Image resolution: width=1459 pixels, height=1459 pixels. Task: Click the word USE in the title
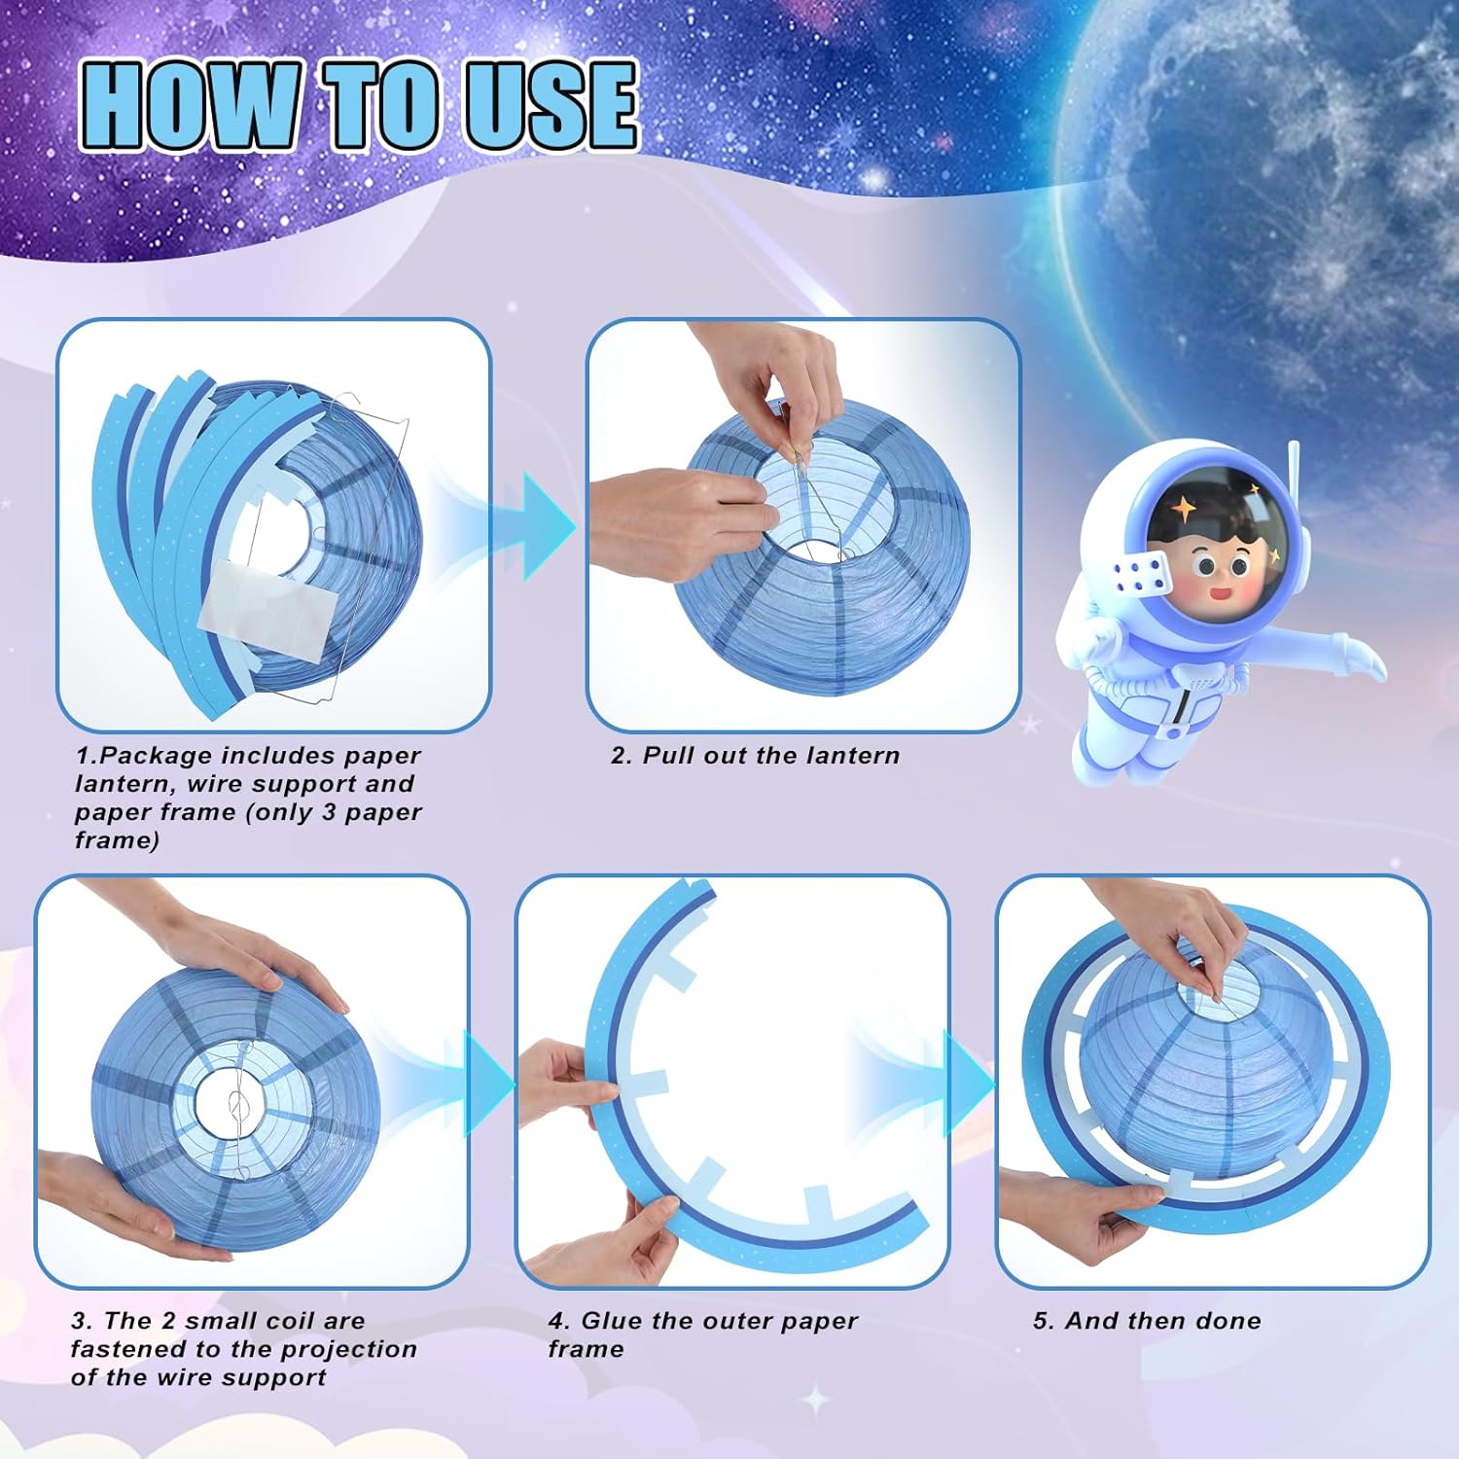[550, 105]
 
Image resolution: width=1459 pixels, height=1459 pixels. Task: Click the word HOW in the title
[190, 105]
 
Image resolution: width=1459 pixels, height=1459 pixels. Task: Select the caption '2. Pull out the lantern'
[755, 756]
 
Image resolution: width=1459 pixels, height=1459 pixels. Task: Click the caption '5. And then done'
[1147, 1321]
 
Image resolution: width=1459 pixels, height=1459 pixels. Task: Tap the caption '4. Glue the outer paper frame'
[702, 1334]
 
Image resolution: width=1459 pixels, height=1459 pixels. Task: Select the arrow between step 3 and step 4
[486, 1083]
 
